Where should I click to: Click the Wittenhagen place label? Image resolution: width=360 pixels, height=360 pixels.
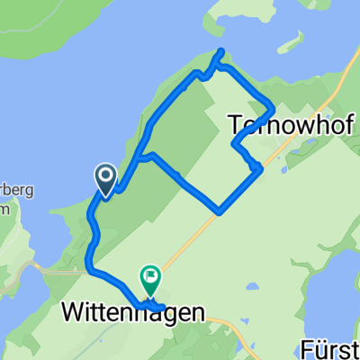133,313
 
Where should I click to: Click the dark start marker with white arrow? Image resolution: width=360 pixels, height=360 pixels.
104,179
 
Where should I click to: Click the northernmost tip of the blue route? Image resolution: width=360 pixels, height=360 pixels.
220,50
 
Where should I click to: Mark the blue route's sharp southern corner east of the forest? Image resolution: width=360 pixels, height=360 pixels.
220,212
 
